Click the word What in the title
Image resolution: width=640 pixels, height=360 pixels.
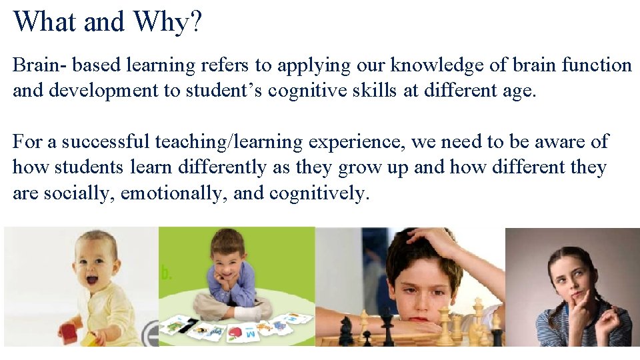point(45,21)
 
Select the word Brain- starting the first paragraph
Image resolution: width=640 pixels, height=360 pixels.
point(39,65)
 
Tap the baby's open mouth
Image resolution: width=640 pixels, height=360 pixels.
point(91,279)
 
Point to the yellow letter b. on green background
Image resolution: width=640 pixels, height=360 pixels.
point(165,273)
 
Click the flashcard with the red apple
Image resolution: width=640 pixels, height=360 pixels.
point(238,332)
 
